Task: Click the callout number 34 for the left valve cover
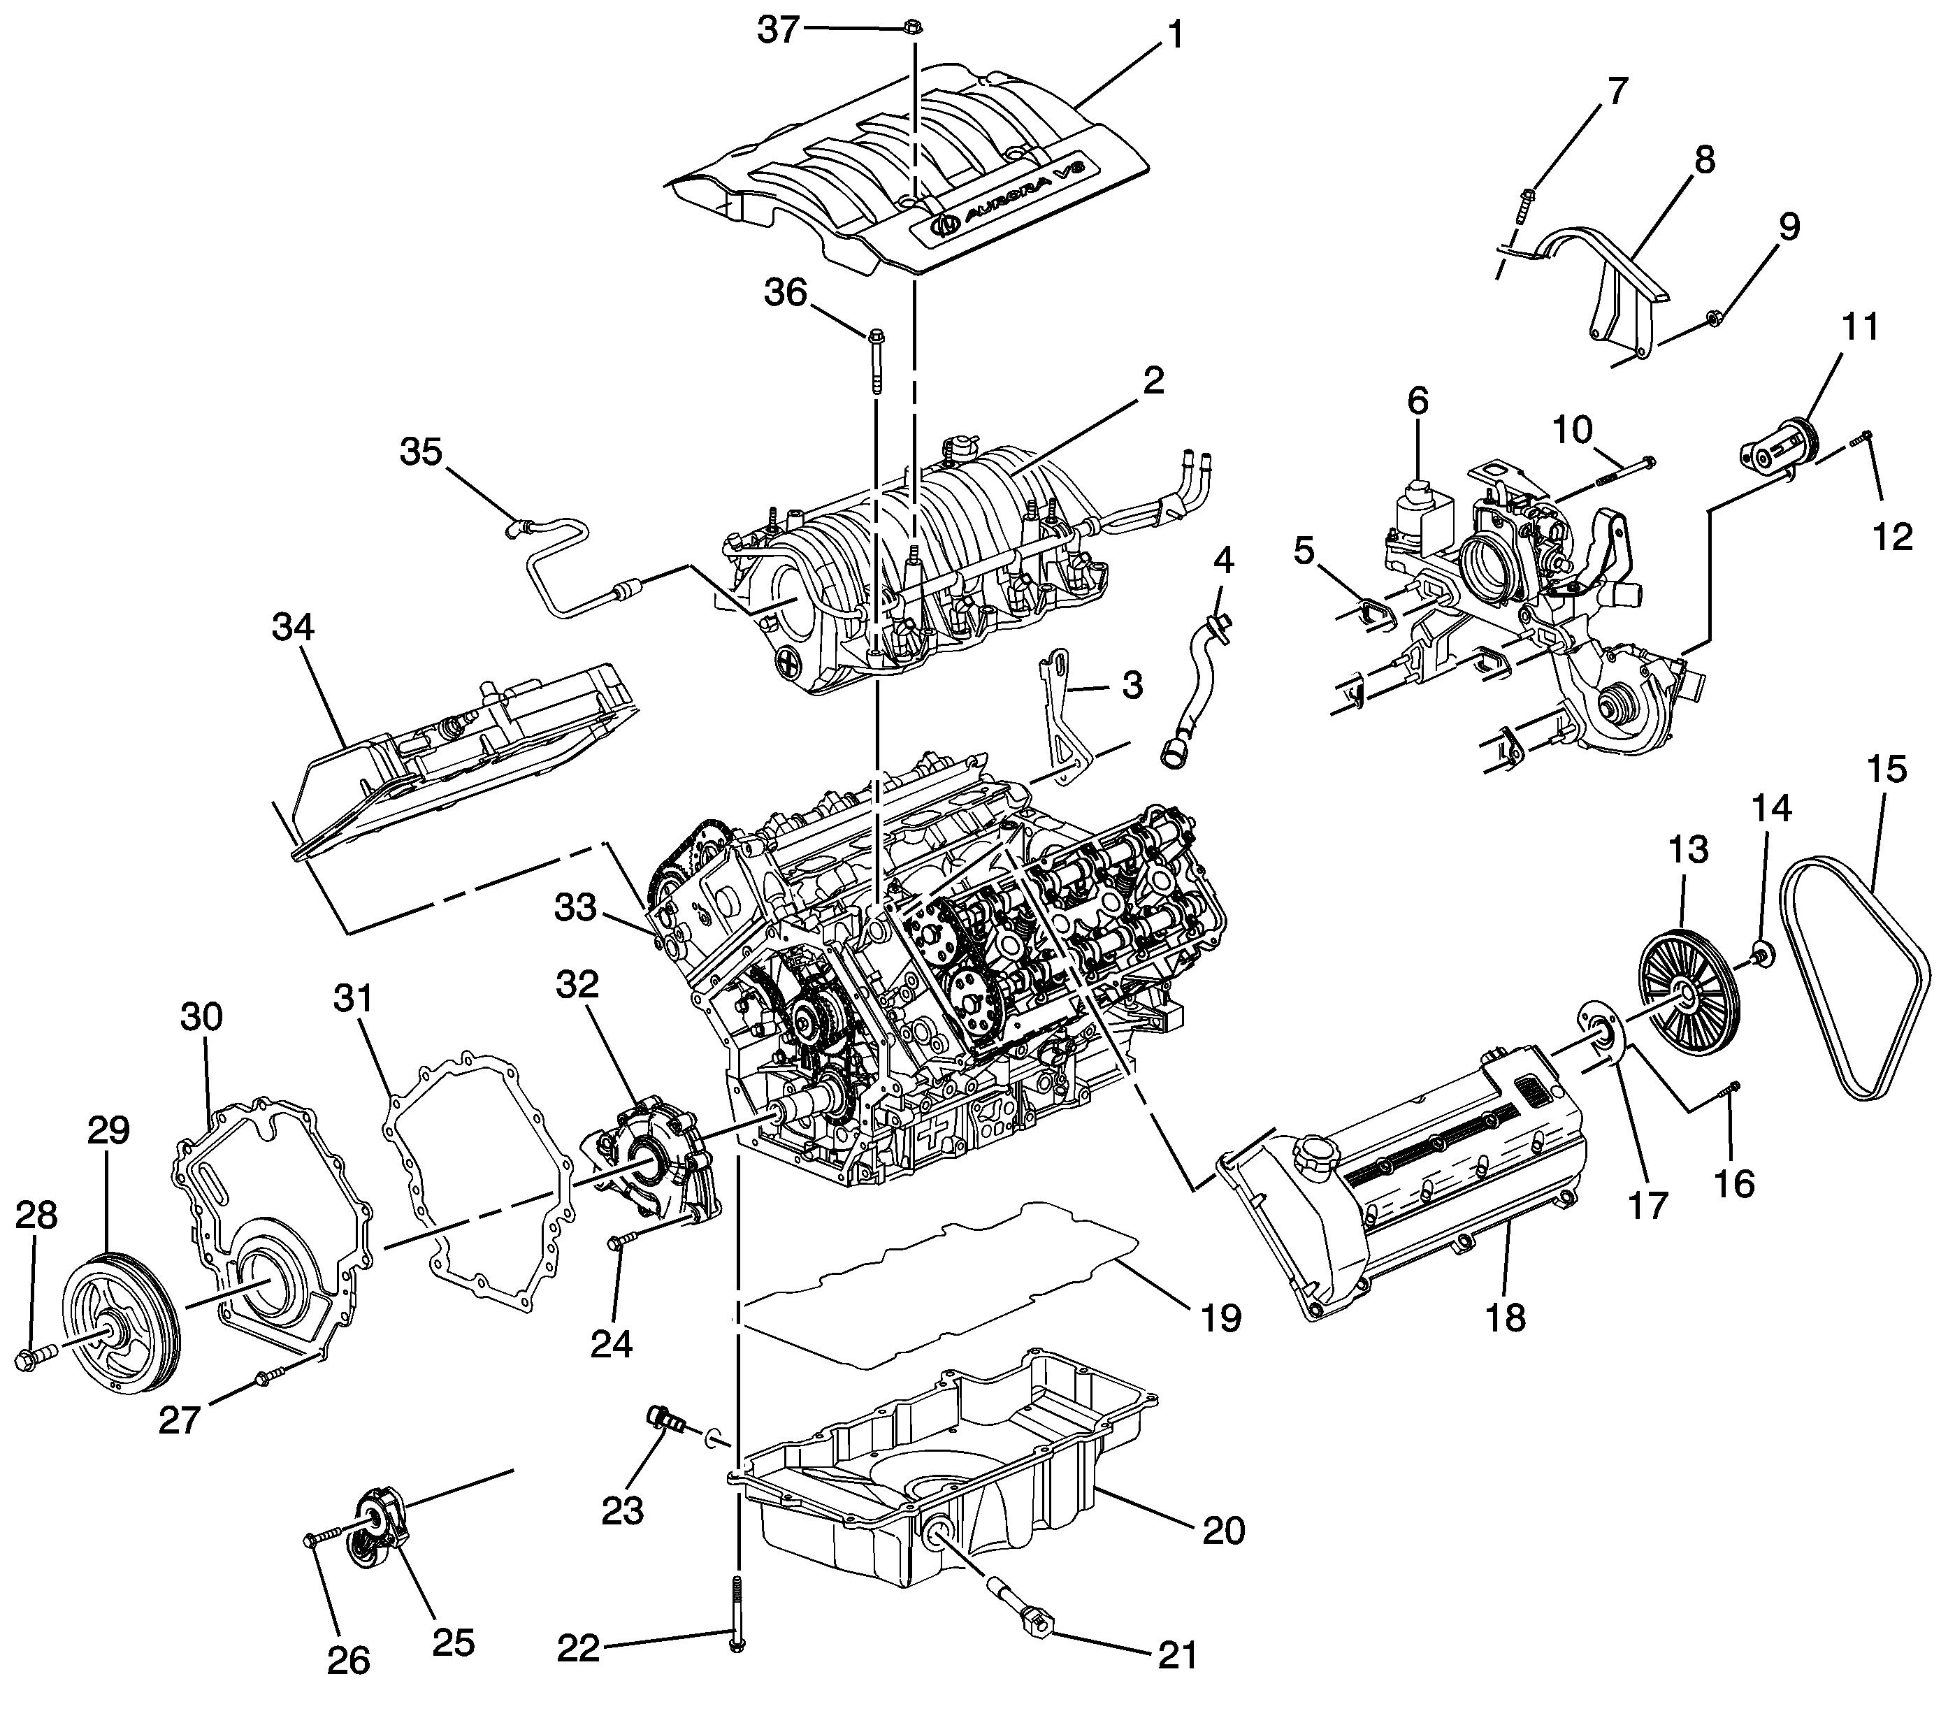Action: click(293, 628)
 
